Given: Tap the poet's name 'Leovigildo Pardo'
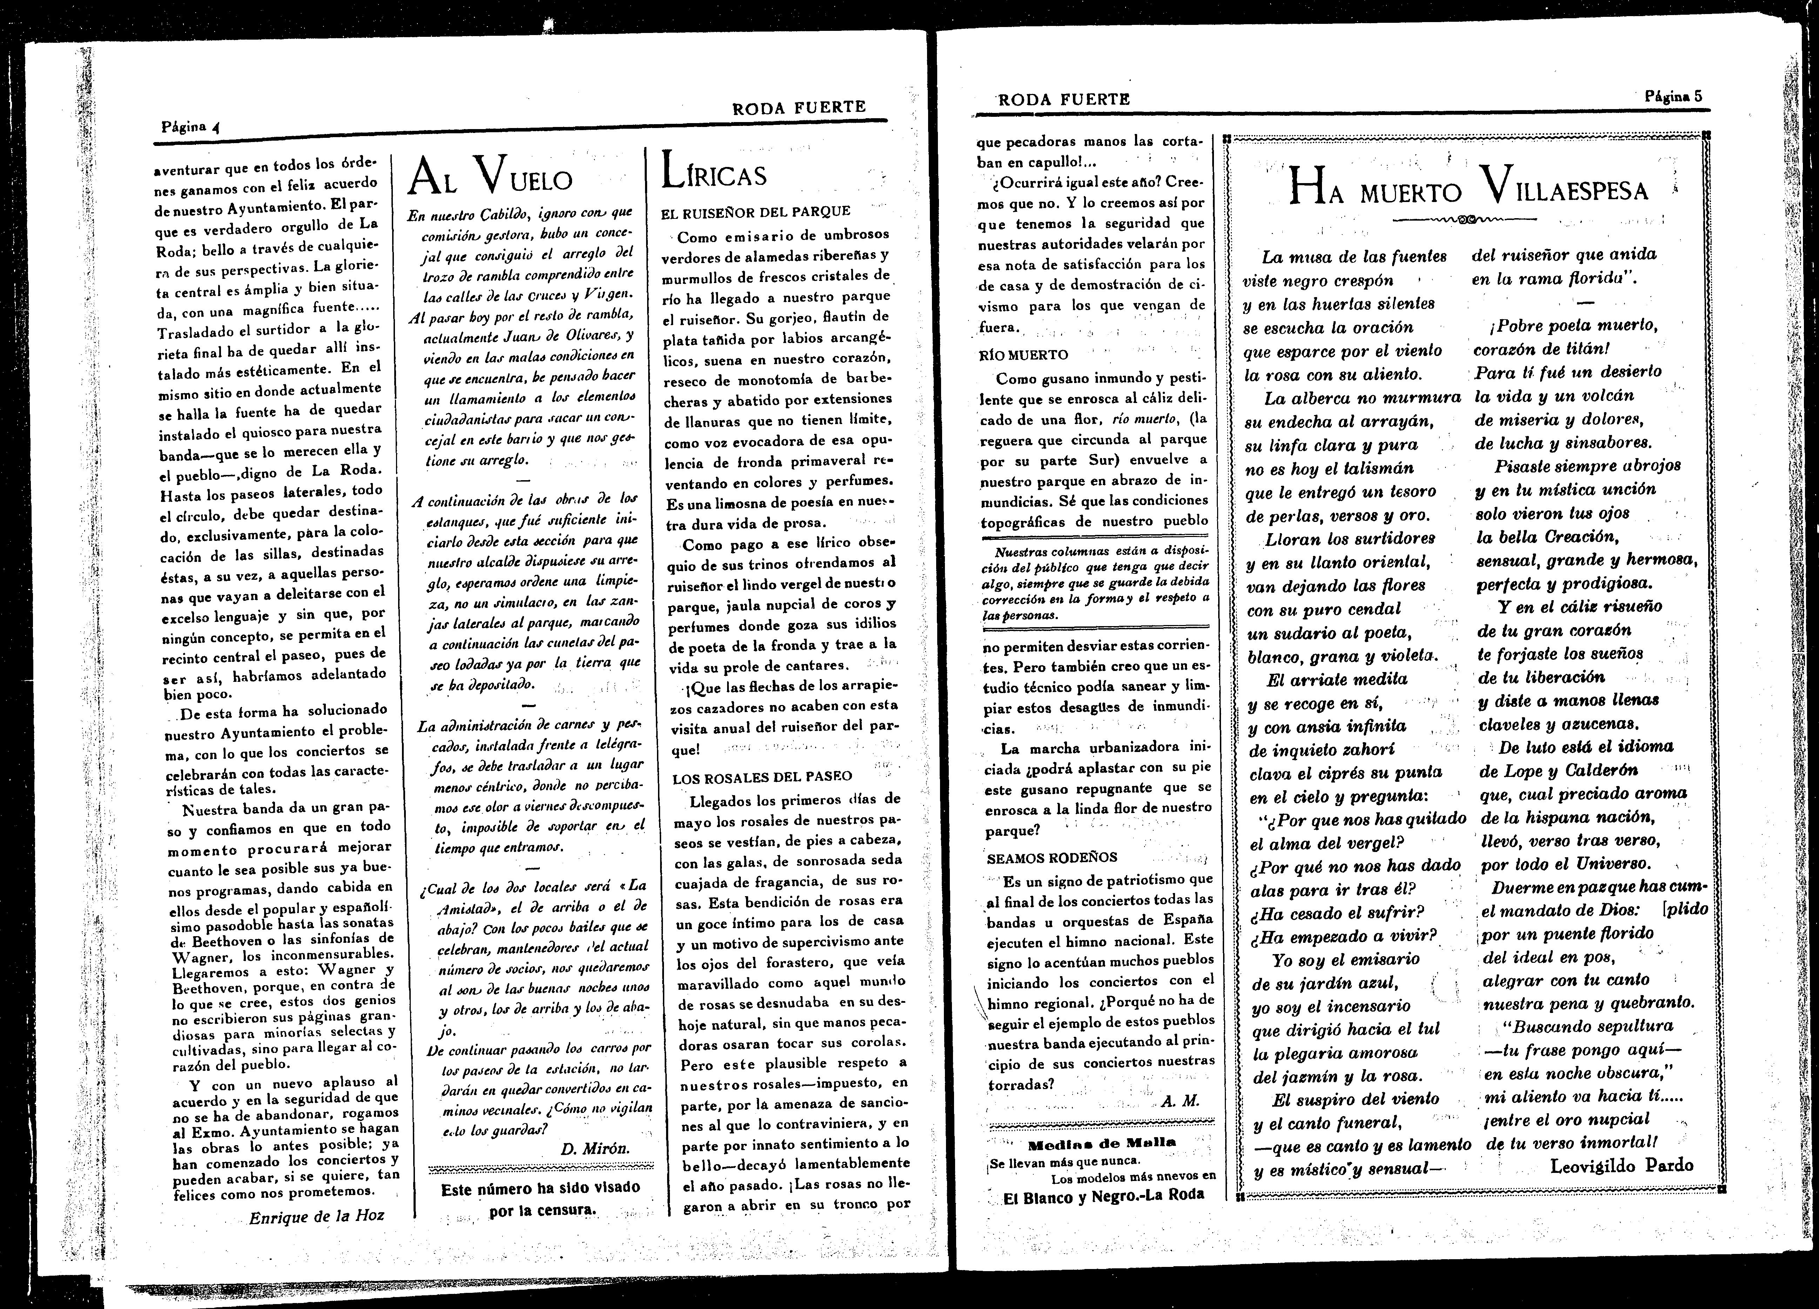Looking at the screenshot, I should [1622, 1166].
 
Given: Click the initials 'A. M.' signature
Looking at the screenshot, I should [1180, 1101].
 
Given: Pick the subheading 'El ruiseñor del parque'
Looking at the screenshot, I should [756, 212].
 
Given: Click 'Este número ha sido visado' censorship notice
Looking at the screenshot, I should [541, 1188].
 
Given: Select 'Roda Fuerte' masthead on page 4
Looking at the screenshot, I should [799, 107].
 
